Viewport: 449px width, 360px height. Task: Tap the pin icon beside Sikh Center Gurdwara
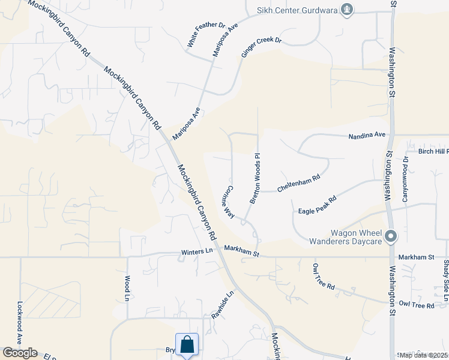347,9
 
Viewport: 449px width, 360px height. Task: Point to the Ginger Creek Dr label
261,47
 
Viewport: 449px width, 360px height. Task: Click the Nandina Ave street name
367,136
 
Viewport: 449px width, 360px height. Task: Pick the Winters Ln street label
197,253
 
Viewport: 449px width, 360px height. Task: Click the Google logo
20,353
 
